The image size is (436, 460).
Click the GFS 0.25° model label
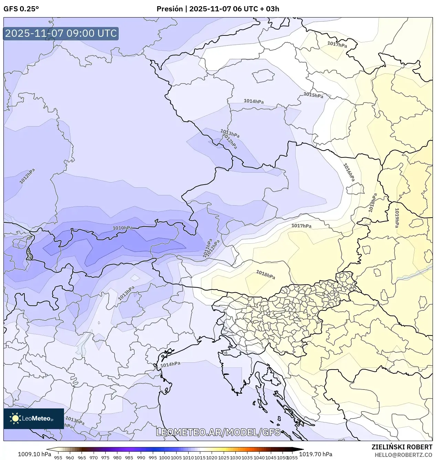(x=21, y=9)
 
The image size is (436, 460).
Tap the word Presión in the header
(x=170, y=9)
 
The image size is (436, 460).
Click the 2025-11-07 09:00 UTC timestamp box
(x=61, y=33)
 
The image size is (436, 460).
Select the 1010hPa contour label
(x=123, y=228)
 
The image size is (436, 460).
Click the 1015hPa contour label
(x=313, y=95)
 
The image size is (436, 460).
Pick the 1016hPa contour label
(x=349, y=172)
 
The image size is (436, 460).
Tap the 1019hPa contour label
(x=397, y=218)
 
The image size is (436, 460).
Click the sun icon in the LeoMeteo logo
(x=15, y=418)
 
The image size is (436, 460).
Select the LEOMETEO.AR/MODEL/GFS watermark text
(x=218, y=432)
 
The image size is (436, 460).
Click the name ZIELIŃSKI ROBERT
(x=402, y=447)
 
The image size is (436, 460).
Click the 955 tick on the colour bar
(x=58, y=458)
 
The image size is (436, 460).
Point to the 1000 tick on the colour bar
(x=164, y=458)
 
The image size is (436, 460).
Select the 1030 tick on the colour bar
(x=235, y=458)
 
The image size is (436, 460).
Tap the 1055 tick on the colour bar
(x=292, y=458)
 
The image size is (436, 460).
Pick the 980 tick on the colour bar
(x=117, y=458)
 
